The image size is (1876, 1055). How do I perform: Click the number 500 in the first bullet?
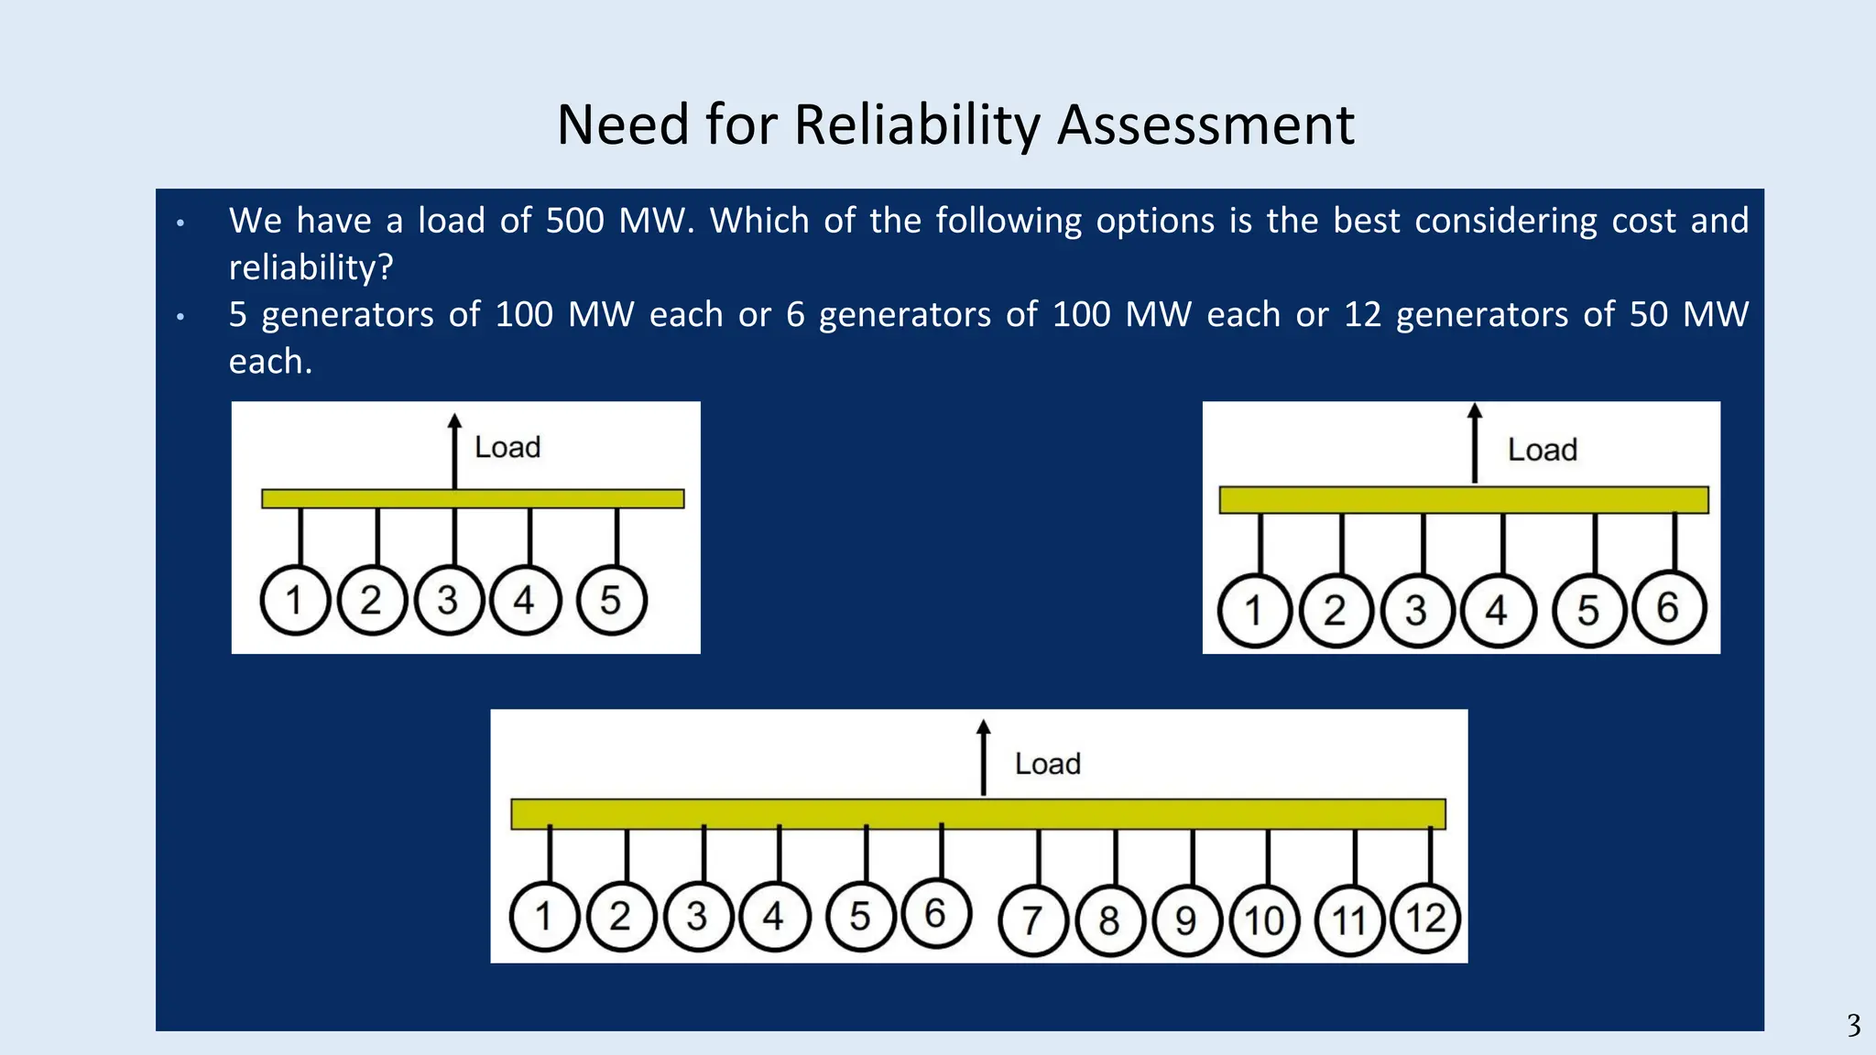point(575,221)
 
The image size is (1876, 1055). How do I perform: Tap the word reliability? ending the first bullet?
point(311,267)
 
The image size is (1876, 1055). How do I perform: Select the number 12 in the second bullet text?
point(1363,314)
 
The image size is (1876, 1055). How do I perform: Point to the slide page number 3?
point(1853,1025)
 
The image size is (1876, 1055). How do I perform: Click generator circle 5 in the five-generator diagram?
point(612,601)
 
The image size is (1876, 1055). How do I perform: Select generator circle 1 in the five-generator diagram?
point(295,601)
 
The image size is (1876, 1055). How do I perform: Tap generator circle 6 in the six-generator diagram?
point(1669,608)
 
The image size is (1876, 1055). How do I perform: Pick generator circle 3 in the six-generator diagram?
point(1417,610)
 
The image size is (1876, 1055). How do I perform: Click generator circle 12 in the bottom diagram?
point(1425,918)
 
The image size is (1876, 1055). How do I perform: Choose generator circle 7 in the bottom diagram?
point(1033,920)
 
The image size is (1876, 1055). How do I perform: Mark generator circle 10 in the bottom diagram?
point(1264,920)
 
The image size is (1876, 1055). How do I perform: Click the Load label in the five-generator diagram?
point(507,448)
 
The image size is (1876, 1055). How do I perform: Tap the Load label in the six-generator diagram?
point(1543,451)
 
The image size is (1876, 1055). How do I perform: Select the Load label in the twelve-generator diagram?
point(1048,764)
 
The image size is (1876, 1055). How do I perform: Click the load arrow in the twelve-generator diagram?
point(984,757)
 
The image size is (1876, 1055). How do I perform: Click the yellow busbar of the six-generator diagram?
point(1464,500)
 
